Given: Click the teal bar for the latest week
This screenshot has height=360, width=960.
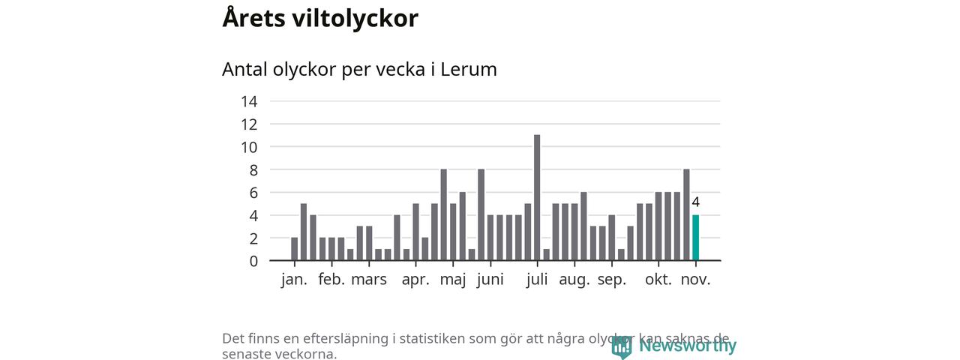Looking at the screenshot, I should (x=695, y=238).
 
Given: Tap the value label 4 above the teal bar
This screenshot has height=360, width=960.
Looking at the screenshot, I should (x=695, y=202).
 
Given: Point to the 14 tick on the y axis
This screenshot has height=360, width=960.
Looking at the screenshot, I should (x=249, y=101).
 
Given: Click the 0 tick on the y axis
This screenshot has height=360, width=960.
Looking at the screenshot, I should (x=253, y=261).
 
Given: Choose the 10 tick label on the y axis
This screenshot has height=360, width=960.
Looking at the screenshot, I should (x=249, y=147).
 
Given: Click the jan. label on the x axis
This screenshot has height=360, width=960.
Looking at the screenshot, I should (x=294, y=280).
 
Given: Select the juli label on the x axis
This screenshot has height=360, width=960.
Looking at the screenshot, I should (x=537, y=280).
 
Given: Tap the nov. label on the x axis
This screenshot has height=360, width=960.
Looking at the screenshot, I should (x=695, y=280).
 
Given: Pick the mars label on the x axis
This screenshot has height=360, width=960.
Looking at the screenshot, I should (x=369, y=280).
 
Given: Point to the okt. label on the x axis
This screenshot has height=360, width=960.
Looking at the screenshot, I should (x=658, y=280).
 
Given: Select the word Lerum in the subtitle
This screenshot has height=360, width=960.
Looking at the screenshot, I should (x=468, y=69).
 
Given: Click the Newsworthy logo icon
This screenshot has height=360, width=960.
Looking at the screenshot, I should (x=621, y=346).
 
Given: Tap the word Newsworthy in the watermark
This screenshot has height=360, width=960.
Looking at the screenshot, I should (x=687, y=346).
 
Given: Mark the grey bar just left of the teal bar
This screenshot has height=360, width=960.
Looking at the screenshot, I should (x=686, y=215).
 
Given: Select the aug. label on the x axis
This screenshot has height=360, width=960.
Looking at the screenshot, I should (x=574, y=280).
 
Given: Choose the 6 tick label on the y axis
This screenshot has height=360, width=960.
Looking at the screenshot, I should (x=253, y=193).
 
